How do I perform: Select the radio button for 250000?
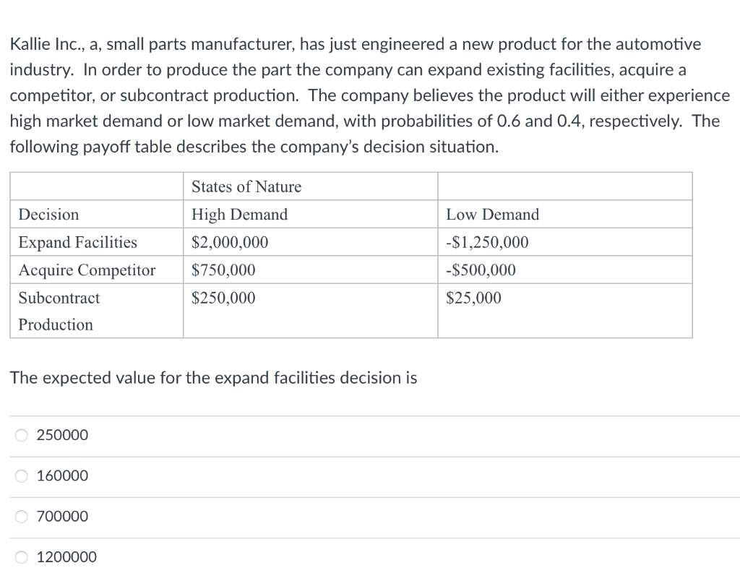point(22,435)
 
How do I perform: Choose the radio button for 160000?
point(22,476)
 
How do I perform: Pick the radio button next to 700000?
point(22,516)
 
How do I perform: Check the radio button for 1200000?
point(22,556)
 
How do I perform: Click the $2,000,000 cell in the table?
point(230,242)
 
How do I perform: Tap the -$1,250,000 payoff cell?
point(487,242)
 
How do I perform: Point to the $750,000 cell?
point(223,270)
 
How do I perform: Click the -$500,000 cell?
point(481,270)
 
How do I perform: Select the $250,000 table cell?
point(223,298)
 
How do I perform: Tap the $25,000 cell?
point(473,298)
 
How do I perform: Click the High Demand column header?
point(239,215)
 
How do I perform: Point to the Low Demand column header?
point(492,215)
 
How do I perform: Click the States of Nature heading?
point(246,187)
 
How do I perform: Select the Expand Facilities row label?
point(77,242)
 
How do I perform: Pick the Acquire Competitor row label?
point(87,270)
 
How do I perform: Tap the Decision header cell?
point(48,215)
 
